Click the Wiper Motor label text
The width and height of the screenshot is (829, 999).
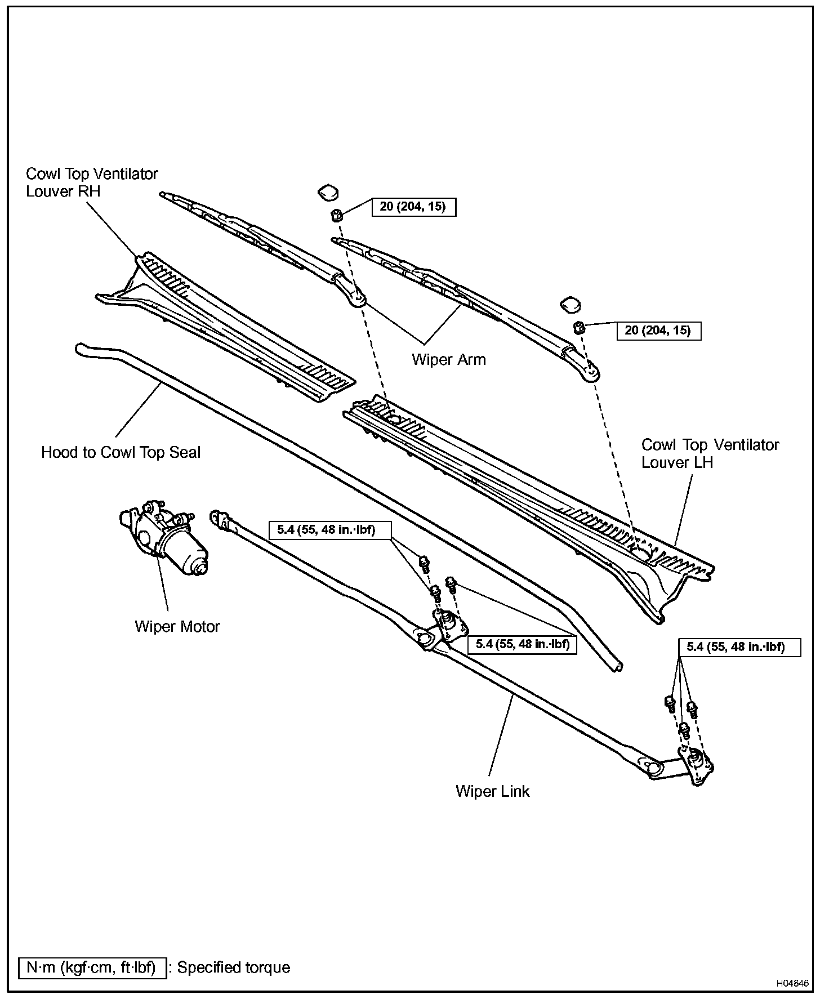tap(177, 626)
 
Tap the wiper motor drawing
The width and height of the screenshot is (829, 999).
tap(163, 538)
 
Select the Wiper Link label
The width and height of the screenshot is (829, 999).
tap(493, 791)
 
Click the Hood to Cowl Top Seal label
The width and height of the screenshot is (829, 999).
tap(121, 452)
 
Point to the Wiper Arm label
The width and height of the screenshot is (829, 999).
tap(449, 359)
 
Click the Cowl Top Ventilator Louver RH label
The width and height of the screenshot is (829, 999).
tap(92, 182)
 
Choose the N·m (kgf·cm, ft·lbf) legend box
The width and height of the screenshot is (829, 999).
tap(92, 967)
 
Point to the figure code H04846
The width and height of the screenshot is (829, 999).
tap(792, 984)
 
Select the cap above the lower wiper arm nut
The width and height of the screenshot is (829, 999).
tap(571, 305)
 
